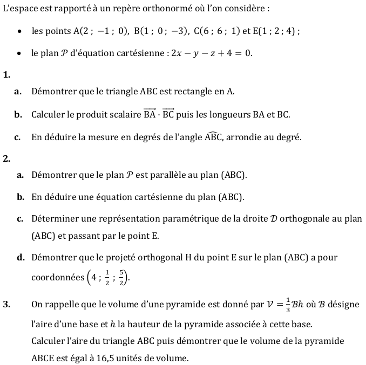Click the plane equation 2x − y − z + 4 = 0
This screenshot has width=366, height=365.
pos(211,53)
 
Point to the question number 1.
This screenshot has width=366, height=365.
pos(6,75)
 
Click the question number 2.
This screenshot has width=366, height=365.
pos(6,158)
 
